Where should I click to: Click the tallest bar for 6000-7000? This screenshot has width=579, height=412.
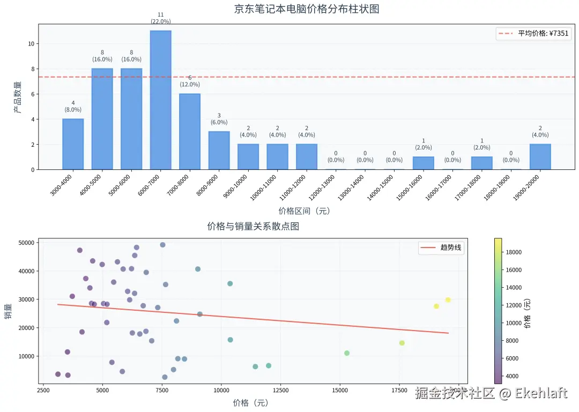(160, 100)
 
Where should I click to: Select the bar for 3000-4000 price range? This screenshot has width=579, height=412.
(73, 144)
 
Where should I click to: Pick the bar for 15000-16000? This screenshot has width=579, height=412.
(423, 163)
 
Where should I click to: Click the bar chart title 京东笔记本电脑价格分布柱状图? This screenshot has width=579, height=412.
(307, 9)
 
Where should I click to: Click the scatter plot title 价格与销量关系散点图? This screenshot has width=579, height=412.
(253, 226)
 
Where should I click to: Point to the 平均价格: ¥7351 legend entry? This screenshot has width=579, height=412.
(534, 33)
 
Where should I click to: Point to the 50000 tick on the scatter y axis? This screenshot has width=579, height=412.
(26, 243)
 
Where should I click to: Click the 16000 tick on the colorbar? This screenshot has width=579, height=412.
(514, 270)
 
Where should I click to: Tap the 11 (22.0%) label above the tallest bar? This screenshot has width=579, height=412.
(160, 18)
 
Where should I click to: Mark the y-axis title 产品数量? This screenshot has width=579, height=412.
(17, 96)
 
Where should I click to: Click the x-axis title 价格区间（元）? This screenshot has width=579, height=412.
(304, 211)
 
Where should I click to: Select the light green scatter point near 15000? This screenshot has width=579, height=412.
(347, 353)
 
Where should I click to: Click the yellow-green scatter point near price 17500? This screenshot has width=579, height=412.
(402, 343)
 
